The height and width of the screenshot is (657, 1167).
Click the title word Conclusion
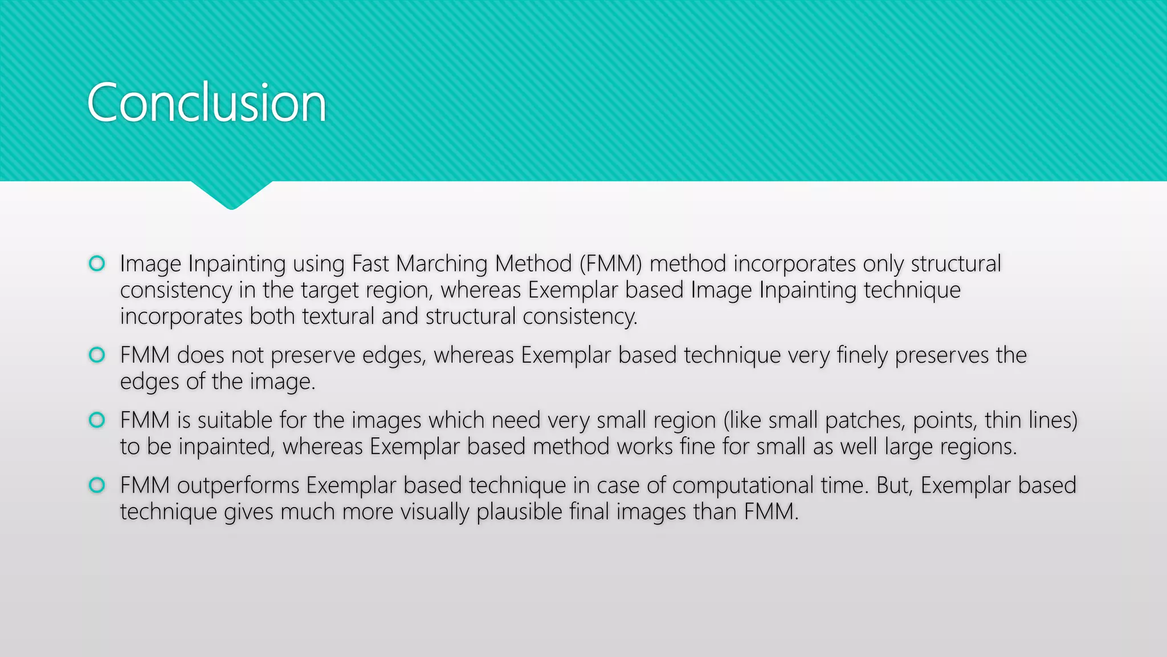[206, 103]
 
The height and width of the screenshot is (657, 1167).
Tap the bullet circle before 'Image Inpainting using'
[97, 263]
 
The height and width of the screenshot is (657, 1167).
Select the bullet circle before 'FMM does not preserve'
[97, 355]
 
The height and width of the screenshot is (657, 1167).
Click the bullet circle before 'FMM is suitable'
[97, 420]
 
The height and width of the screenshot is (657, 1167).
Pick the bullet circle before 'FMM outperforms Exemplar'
[97, 485]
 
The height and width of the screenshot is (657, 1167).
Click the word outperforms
[238, 485]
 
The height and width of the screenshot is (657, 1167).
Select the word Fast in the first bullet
[370, 264]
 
